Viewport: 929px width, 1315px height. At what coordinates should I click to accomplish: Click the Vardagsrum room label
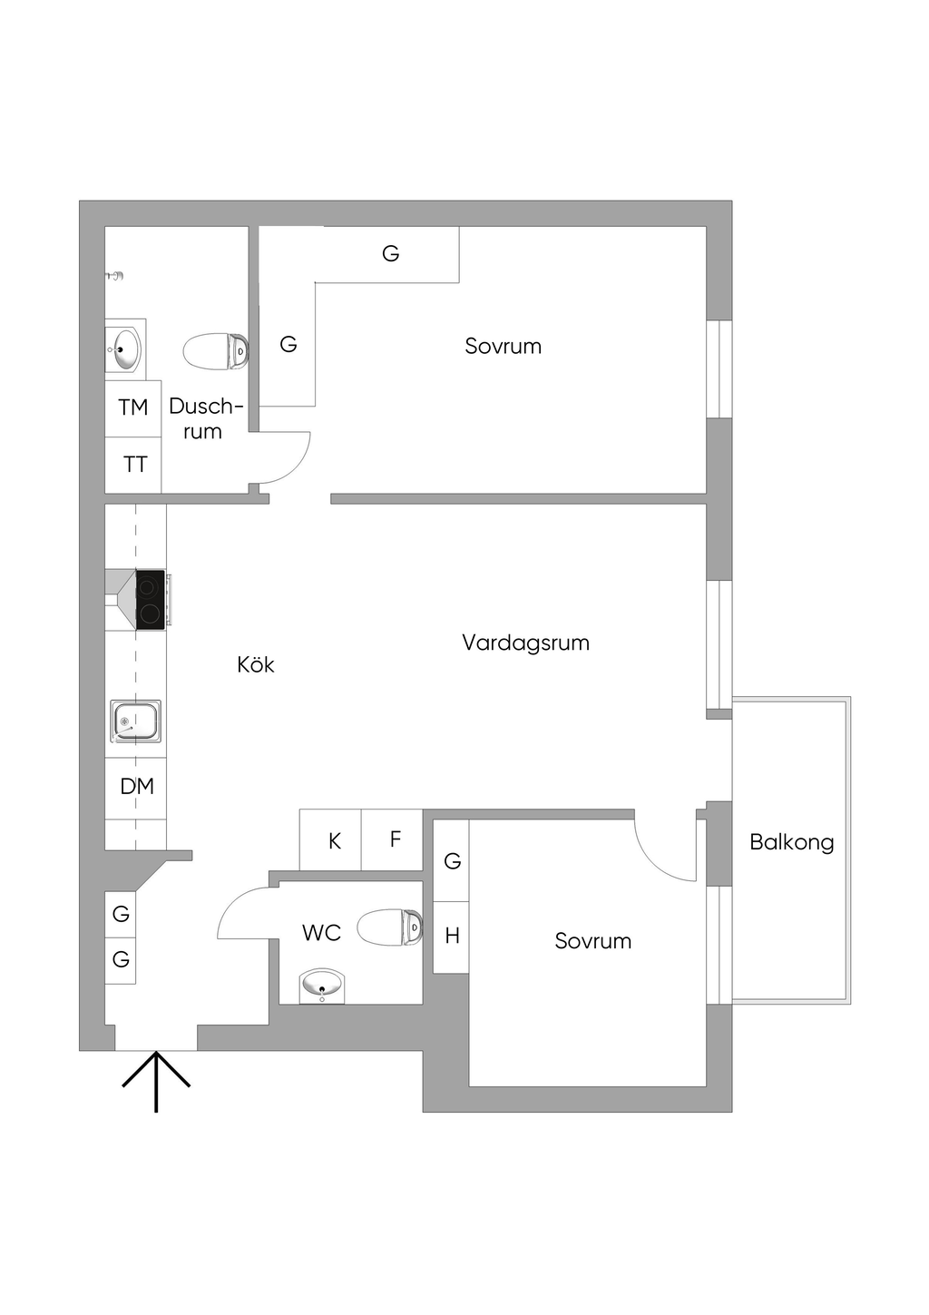click(525, 643)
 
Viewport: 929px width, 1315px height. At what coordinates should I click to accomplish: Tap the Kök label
click(256, 664)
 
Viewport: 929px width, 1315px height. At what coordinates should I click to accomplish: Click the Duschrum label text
click(205, 418)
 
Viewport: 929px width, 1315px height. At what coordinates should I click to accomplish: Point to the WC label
click(321, 932)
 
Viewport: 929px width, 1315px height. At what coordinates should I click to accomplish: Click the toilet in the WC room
click(390, 927)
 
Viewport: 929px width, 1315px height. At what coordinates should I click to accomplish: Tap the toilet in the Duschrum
click(215, 351)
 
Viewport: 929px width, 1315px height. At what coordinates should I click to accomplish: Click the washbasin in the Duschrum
click(124, 349)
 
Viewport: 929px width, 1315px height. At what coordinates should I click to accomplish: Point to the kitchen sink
click(135, 721)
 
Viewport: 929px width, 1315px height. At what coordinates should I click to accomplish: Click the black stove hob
click(150, 600)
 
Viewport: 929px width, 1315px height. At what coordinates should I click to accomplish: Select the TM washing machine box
click(133, 408)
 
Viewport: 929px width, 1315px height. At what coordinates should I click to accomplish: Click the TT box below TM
click(133, 465)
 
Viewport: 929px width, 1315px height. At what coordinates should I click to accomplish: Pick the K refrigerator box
click(330, 840)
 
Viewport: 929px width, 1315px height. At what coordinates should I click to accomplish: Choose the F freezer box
click(392, 840)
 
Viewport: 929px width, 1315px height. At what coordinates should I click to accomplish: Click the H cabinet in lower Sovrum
click(451, 937)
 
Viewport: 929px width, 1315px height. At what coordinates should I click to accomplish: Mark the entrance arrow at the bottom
click(156, 1082)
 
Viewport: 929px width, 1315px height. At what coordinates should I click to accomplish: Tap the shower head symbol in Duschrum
click(115, 275)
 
